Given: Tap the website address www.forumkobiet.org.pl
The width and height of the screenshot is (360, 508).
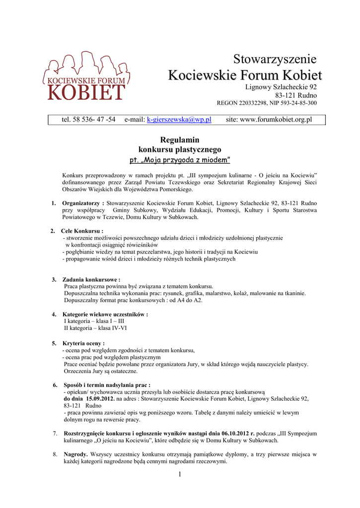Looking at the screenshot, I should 276,120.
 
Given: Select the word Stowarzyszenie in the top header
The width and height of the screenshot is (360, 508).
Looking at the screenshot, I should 275,60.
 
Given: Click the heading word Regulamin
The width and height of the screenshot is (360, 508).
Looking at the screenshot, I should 179,140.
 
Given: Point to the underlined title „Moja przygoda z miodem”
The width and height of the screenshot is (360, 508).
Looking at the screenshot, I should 179,160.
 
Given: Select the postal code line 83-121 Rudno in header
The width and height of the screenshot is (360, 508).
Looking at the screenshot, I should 296,95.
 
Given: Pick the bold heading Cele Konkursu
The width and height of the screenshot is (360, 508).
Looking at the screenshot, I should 82,231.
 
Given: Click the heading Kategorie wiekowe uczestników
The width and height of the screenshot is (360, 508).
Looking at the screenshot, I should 105,314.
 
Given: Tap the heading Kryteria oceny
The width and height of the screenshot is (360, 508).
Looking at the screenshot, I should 83,343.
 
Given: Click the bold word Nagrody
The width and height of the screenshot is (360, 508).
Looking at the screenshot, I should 76,454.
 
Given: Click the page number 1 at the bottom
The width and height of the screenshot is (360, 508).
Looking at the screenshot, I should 180,475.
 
